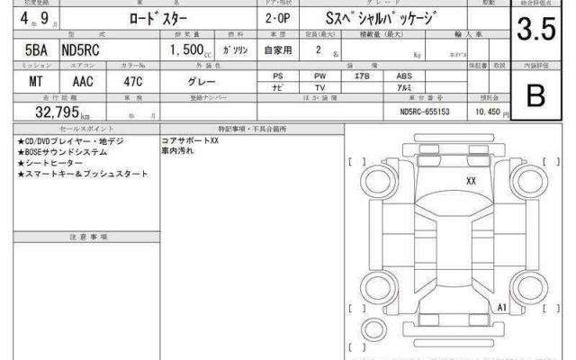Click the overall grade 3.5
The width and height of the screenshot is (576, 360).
point(535,31)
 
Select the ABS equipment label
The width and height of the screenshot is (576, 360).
point(397,76)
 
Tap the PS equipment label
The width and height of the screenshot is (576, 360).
point(278,76)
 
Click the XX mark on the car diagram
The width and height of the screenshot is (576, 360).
point(471,180)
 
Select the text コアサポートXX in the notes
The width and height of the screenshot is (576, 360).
point(190,141)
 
